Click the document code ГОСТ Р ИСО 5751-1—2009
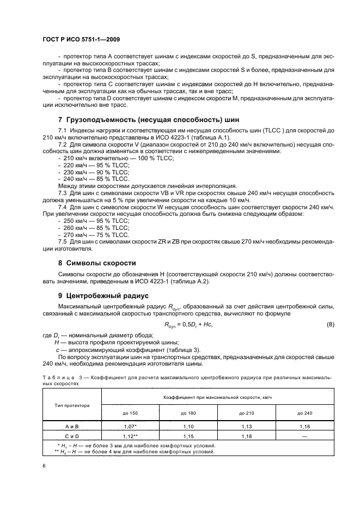[81, 40]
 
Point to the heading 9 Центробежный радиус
[103, 296]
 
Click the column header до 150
[130, 413]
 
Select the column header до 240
[304, 413]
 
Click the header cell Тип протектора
[72, 405]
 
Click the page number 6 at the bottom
[44, 465]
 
